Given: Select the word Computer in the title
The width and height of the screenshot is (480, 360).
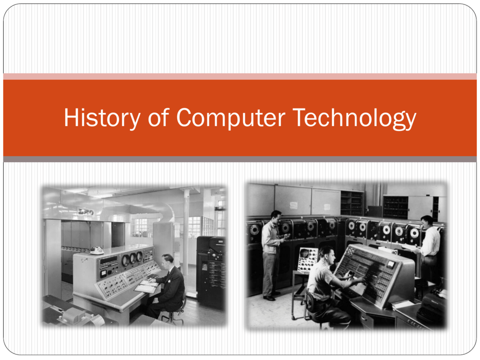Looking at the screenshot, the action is coord(231,118).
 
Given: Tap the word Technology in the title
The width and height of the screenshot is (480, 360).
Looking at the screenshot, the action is coord(354,118).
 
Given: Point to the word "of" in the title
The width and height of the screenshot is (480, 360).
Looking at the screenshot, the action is coord(158,118).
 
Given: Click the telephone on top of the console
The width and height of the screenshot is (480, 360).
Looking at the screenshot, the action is coord(97,250).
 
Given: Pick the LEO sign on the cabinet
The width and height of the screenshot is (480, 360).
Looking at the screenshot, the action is coord(86,211).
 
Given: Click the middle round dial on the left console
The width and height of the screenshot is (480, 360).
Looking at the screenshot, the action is coord(133,259).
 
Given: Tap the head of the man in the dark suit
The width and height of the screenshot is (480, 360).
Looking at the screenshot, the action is coord(168,261).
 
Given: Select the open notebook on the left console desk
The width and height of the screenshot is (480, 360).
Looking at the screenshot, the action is coord(147,286).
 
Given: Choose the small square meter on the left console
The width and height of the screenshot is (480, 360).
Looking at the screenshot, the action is coord(104,273).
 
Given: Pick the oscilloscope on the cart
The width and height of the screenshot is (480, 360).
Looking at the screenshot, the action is coord(307,260).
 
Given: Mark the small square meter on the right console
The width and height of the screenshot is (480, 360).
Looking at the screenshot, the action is coord(390,264).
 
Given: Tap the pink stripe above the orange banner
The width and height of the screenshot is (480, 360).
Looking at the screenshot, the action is coord(240,76).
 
